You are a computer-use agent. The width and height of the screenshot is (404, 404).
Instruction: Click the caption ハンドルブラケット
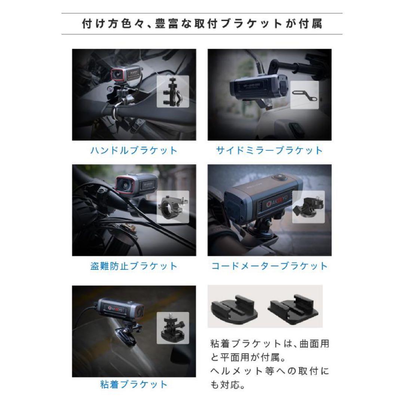click(134, 151)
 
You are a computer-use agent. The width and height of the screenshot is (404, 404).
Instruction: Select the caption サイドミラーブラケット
click(269, 151)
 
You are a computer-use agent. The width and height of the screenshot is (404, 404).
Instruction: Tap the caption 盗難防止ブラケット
click(134, 266)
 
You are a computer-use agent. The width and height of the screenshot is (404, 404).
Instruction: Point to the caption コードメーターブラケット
click(269, 266)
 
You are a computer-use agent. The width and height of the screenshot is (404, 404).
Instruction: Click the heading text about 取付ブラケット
click(202, 24)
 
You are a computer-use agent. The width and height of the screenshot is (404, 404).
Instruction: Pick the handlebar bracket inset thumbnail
click(173, 91)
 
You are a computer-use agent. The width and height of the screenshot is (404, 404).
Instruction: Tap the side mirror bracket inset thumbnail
click(304, 95)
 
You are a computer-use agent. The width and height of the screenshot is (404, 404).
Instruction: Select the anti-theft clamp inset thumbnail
click(172, 207)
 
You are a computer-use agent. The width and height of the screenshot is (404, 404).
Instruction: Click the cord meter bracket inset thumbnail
click(308, 207)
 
